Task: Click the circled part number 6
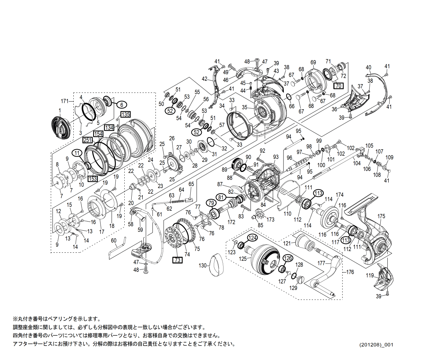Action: [122, 105]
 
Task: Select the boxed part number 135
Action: [125, 114]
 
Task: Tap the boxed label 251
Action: [87, 140]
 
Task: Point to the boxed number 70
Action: [338, 86]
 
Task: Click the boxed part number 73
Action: [177, 260]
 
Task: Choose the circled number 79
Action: [211, 203]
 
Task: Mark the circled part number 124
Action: [252, 238]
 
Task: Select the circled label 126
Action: [288, 258]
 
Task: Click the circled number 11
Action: [77, 153]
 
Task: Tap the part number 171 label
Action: [64, 101]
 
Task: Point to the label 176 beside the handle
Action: [350, 272]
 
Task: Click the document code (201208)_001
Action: [376, 345]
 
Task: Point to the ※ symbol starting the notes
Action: [15, 319]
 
